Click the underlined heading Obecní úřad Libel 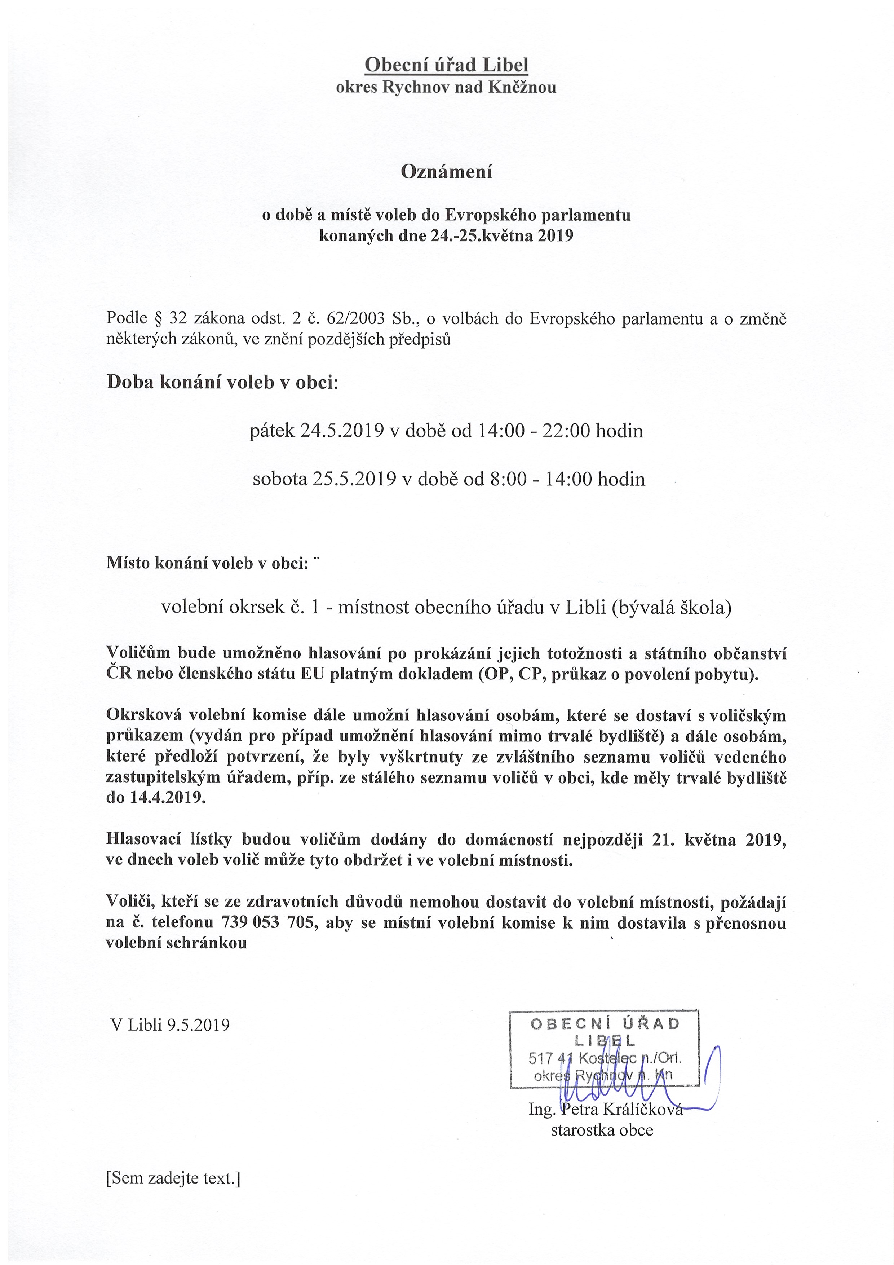tap(446, 66)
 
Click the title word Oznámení tap(446, 172)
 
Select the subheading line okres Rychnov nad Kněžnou tap(446, 88)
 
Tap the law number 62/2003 tap(355, 318)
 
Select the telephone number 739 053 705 tap(268, 922)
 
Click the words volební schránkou tap(176, 943)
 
